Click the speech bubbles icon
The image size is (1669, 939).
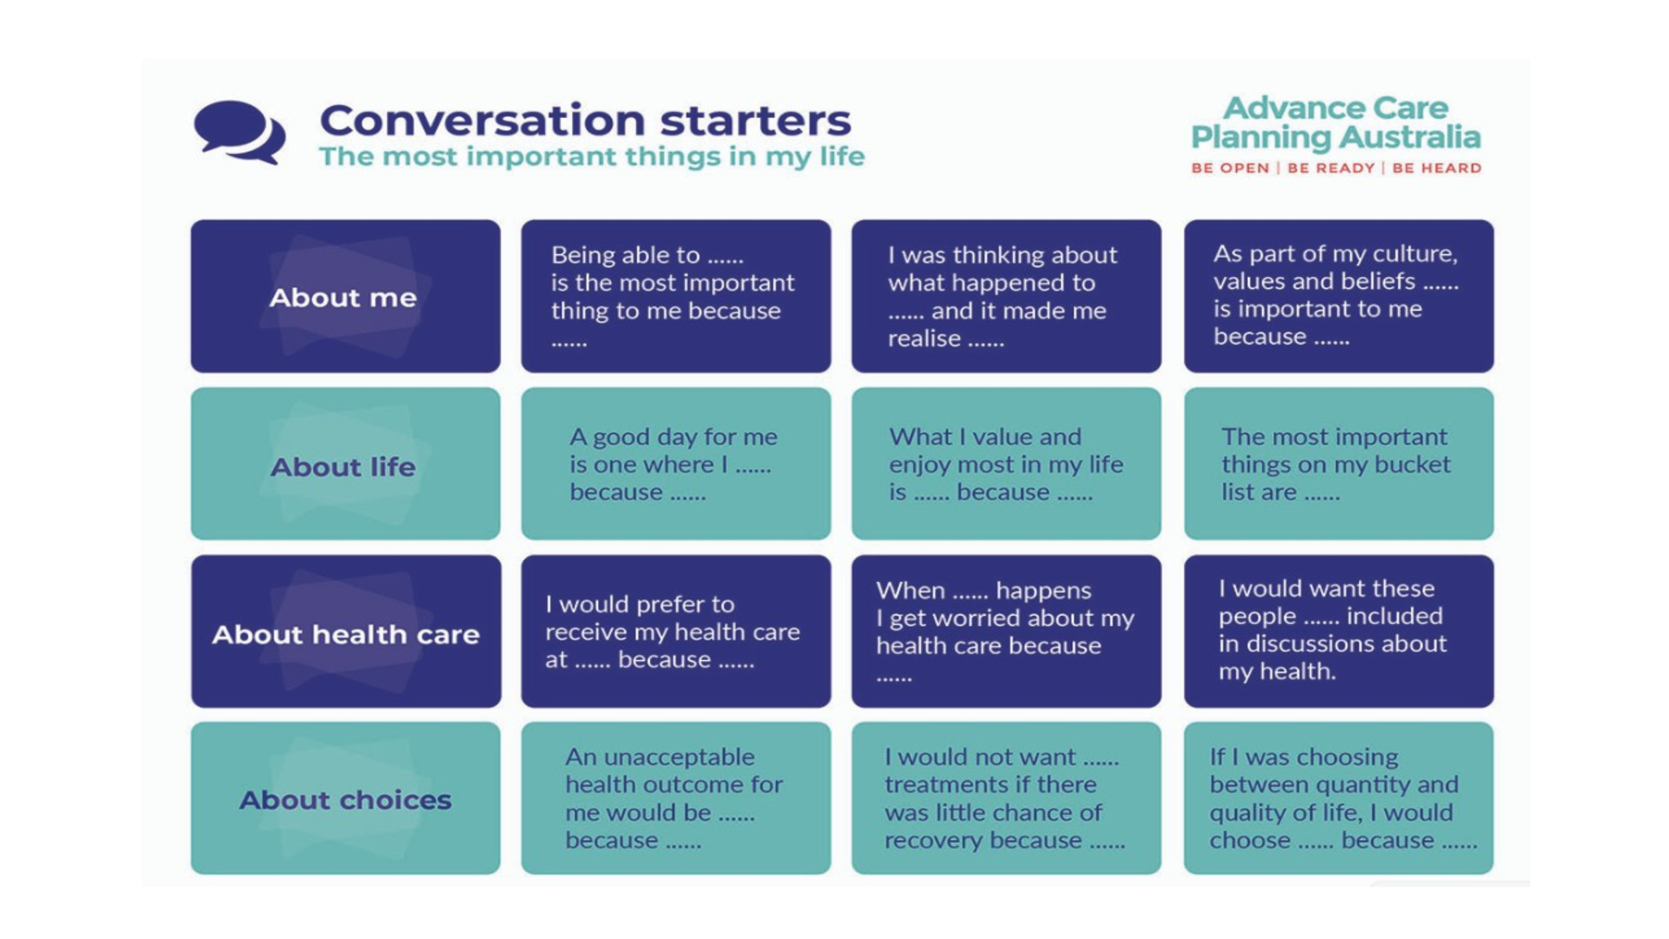(x=239, y=132)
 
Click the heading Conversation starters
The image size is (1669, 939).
(x=585, y=120)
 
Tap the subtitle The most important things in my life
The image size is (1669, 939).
(x=591, y=157)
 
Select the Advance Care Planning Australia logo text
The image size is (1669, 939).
(x=1336, y=123)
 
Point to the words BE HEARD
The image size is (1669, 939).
(x=1437, y=168)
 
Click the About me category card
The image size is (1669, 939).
(x=345, y=296)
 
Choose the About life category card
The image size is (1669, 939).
(x=345, y=463)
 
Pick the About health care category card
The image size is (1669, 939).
(x=346, y=631)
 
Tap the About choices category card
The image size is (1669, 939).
(x=345, y=798)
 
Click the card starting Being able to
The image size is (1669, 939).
(x=676, y=296)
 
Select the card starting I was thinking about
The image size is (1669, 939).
(x=1006, y=296)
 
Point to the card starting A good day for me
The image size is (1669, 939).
(x=676, y=463)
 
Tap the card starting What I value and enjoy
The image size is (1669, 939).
(x=1006, y=463)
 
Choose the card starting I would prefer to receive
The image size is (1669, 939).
(x=676, y=631)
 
